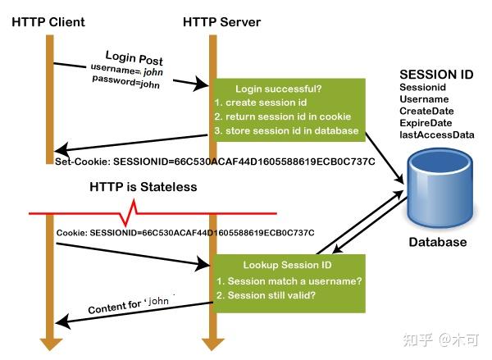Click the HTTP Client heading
[48, 22]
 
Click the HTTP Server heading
[222, 22]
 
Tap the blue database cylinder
[440, 188]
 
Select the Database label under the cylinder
[438, 242]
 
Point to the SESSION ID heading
[436, 75]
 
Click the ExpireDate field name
[426, 123]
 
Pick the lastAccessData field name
[437, 134]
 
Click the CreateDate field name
[426, 111]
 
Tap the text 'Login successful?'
[279, 89]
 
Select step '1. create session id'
[261, 103]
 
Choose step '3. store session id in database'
[286, 130]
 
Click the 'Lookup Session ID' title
[288, 265]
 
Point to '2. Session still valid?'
[266, 295]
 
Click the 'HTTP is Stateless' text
[143, 187]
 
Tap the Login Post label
[134, 58]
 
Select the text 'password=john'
[125, 82]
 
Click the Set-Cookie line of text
[215, 162]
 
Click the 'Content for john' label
[129, 305]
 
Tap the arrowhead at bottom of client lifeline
[50, 344]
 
